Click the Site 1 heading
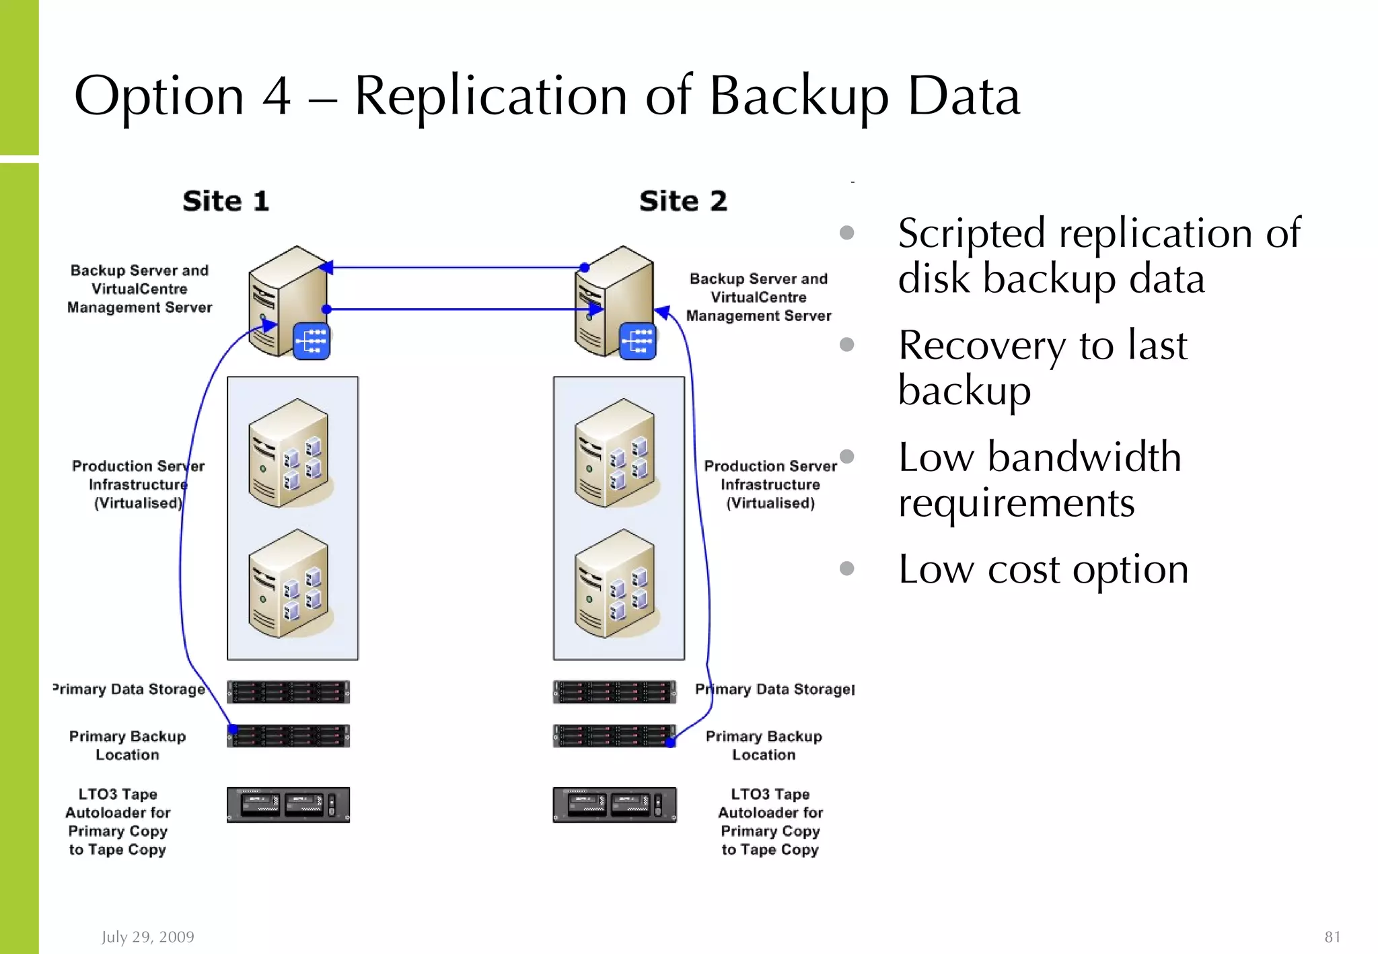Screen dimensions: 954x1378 pyautogui.click(x=226, y=201)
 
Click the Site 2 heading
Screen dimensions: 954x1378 pyautogui.click(x=683, y=201)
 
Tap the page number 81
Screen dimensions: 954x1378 pyautogui.click(x=1332, y=937)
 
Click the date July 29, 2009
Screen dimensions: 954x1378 pyautogui.click(x=148, y=937)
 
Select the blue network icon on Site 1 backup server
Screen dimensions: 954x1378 pyautogui.click(x=312, y=341)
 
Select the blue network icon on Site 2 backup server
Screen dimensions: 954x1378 pyautogui.click(x=637, y=341)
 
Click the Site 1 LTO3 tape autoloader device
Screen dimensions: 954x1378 pyautogui.click(x=288, y=805)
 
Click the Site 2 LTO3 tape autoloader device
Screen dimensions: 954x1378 pyautogui.click(x=614, y=805)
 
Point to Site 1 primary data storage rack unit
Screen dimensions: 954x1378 pyautogui.click(x=288, y=692)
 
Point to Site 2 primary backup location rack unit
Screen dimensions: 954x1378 pyautogui.click(x=614, y=736)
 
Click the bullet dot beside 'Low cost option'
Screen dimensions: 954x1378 pyautogui.click(x=847, y=568)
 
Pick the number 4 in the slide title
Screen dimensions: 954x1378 pyautogui.click(x=277, y=96)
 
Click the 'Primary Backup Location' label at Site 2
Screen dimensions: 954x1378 pyautogui.click(x=764, y=745)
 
